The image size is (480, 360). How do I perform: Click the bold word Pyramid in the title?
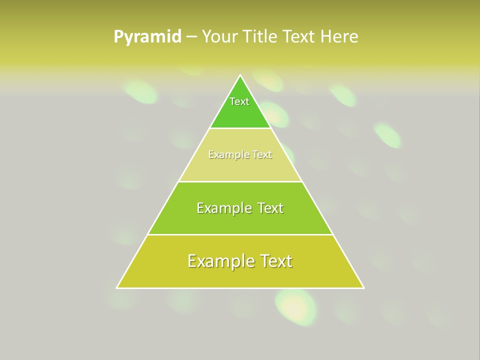(147, 37)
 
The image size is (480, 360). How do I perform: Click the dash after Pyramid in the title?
(191, 37)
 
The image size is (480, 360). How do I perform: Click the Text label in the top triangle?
(239, 101)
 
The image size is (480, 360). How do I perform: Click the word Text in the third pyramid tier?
(270, 208)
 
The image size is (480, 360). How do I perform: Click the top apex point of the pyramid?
(240, 75)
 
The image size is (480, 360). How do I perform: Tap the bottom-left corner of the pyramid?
(117, 288)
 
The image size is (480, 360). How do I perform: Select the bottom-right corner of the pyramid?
(364, 288)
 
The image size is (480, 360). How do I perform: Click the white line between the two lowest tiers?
(240, 234)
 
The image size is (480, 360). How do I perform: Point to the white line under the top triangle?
(240, 128)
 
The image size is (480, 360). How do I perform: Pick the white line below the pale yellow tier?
(240, 181)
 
